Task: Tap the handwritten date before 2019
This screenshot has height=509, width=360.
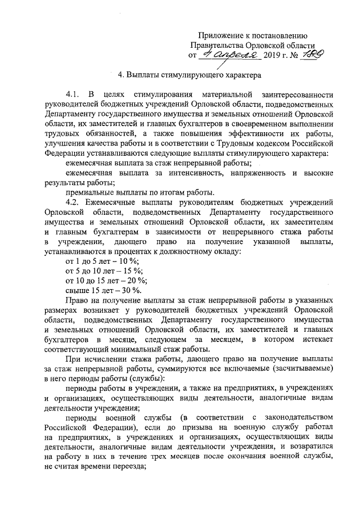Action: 230,56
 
